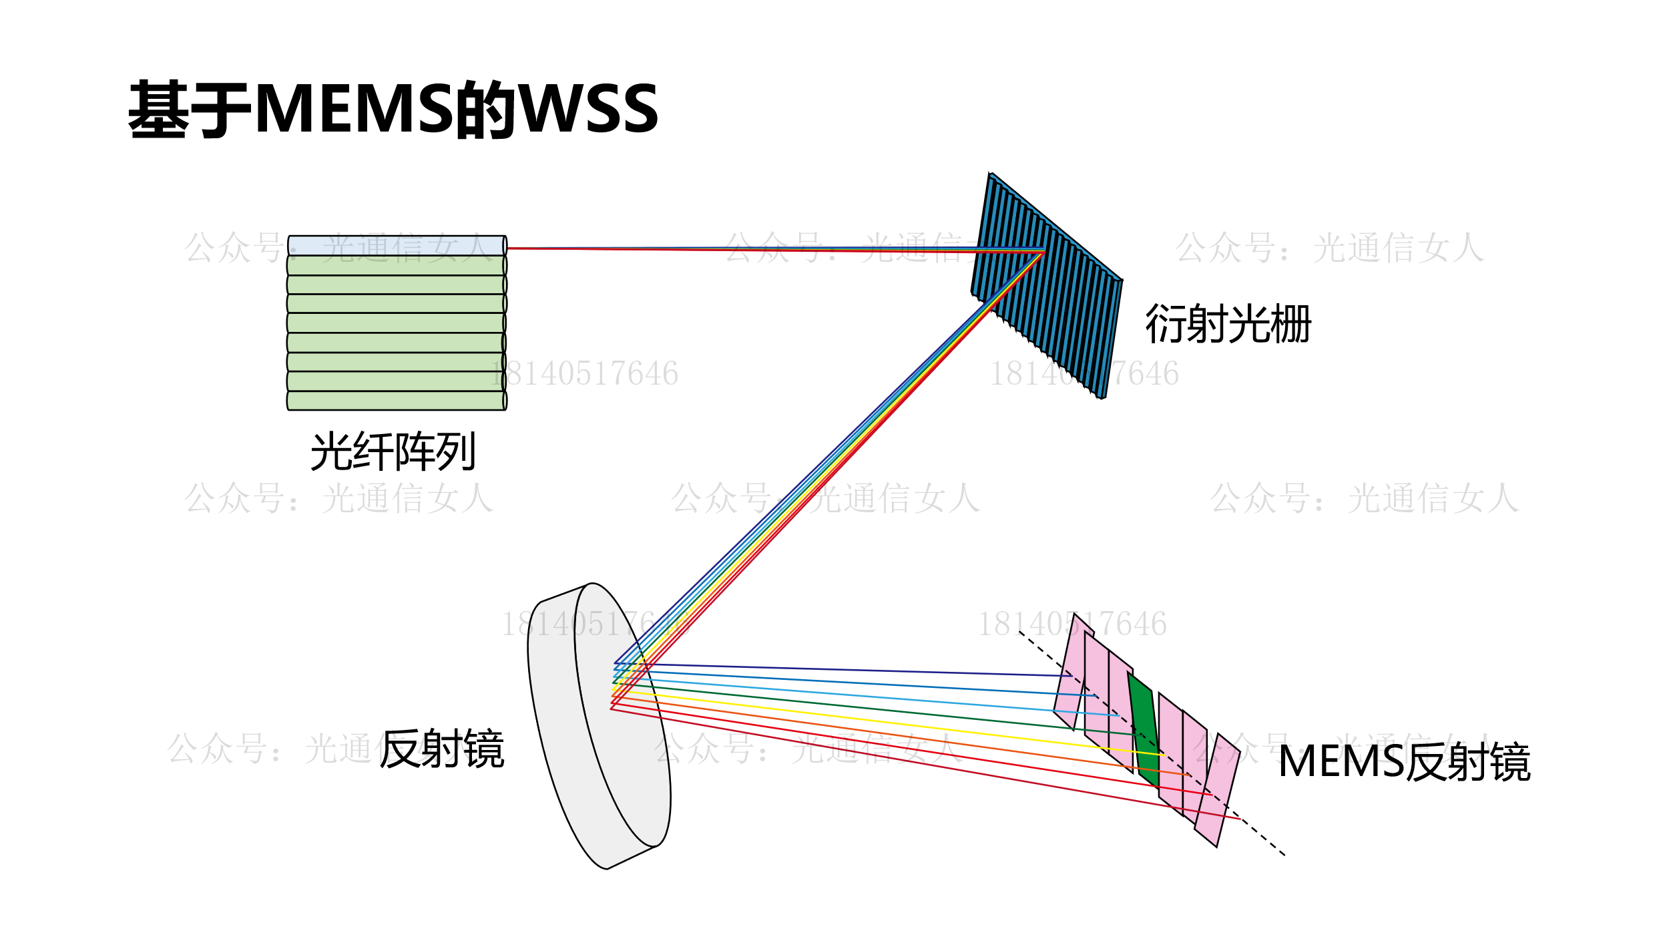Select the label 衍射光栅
point(1228,325)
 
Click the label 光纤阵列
point(393,451)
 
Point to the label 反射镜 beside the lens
point(442,749)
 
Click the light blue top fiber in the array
point(397,245)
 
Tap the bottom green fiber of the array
point(397,401)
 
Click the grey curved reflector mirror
point(601,735)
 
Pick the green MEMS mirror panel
point(1146,728)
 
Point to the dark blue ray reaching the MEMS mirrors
point(868,670)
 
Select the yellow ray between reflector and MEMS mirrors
point(901,724)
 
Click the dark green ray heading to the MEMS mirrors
point(901,711)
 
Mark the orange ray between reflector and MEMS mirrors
point(901,737)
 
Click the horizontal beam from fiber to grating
point(768,248)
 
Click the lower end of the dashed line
point(1282,854)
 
